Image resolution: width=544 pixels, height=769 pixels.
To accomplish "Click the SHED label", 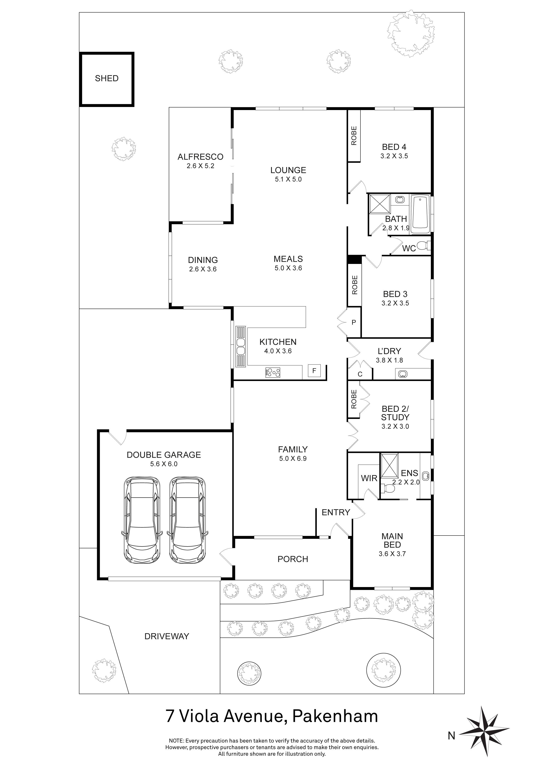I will coord(107,78).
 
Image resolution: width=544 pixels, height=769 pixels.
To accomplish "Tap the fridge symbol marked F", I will coord(314,371).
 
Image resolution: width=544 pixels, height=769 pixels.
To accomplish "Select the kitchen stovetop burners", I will coord(273,372).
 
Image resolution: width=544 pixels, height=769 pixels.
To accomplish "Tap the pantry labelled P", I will coord(353,322).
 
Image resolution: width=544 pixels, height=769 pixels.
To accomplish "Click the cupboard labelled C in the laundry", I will coord(360,374).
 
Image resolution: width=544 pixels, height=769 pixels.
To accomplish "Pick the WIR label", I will coord(369,478).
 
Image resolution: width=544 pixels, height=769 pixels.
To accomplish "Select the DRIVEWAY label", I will coord(166,636).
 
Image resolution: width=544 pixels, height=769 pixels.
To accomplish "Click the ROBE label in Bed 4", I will coord(354,136).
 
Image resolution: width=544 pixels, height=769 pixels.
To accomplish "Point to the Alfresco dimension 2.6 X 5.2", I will coord(200,166).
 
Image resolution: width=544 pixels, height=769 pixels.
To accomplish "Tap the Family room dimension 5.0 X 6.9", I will coord(293,459).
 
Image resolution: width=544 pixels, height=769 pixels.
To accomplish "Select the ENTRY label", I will coord(336,512).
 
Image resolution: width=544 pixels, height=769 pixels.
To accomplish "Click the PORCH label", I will coord(293,559).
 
